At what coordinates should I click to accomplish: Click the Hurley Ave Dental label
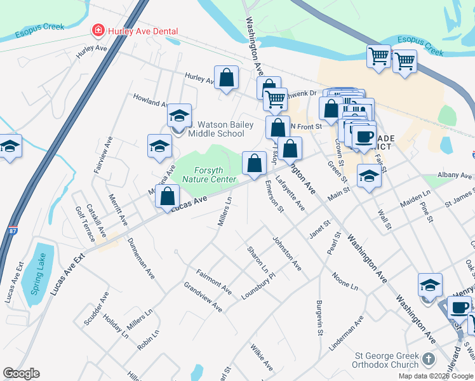[x=143, y=31]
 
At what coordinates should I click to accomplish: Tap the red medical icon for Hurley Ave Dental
[x=98, y=30]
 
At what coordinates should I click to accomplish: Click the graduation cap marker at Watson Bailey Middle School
[x=180, y=116]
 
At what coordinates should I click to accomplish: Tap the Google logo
[x=21, y=373]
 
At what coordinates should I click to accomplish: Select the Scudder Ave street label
[x=97, y=309]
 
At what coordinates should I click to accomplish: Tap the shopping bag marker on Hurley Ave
[x=226, y=78]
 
